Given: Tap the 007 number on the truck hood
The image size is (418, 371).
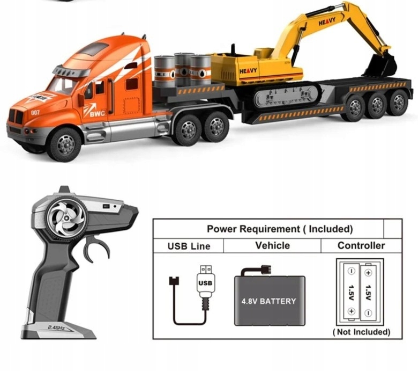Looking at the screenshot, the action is click(x=35, y=112).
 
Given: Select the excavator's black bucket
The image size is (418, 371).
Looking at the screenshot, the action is click(x=380, y=66).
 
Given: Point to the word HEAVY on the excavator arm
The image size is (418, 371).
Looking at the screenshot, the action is click(x=327, y=21).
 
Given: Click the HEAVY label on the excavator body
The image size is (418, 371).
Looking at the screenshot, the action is click(x=248, y=71).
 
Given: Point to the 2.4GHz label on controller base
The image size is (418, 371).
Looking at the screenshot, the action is click(x=56, y=328).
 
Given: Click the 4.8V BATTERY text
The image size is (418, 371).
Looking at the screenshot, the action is click(x=268, y=301).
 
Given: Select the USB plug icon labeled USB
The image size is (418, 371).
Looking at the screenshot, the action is click(x=205, y=283).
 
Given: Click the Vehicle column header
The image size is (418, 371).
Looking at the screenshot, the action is click(x=272, y=245).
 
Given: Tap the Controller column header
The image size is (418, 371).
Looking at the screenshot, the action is click(x=361, y=245).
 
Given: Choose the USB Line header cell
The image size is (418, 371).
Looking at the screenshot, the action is click(x=189, y=246).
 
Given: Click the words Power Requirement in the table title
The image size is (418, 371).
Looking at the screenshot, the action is click(x=253, y=229).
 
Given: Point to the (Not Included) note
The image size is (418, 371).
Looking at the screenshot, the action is click(x=362, y=332).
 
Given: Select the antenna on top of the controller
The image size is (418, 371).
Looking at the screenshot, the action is click(x=64, y=190).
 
